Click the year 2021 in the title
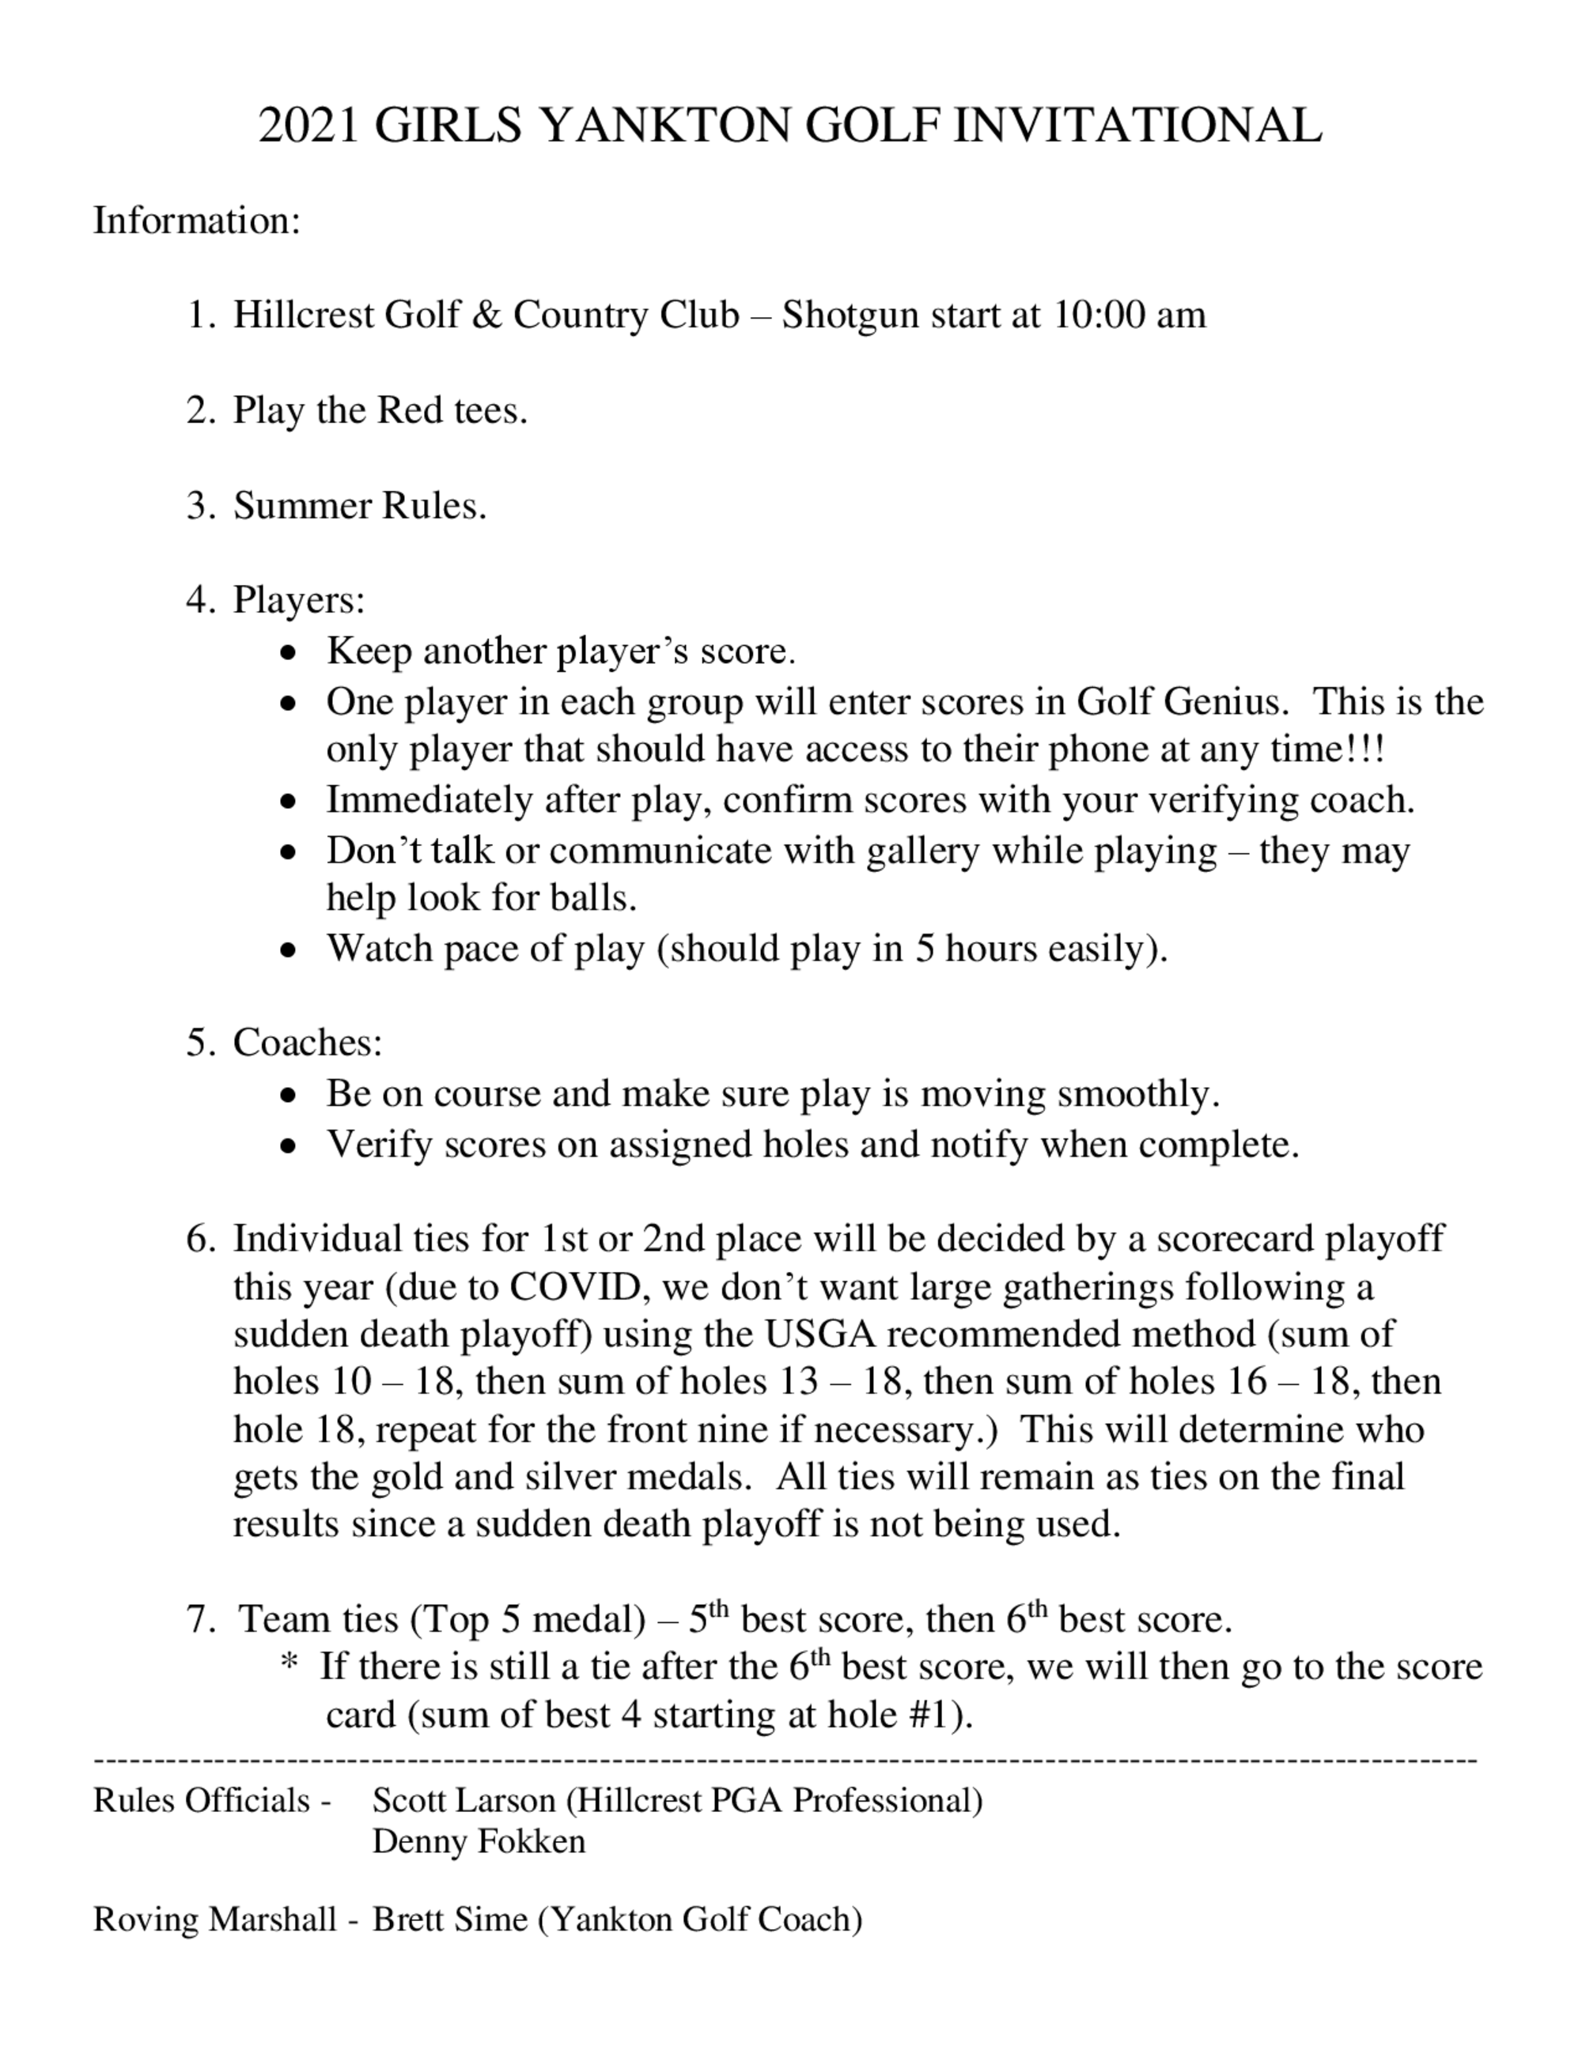coord(308,126)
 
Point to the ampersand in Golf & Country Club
coord(486,315)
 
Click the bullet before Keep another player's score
coord(290,652)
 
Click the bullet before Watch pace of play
coord(290,950)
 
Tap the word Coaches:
coord(308,1043)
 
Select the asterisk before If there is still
coord(289,1665)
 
